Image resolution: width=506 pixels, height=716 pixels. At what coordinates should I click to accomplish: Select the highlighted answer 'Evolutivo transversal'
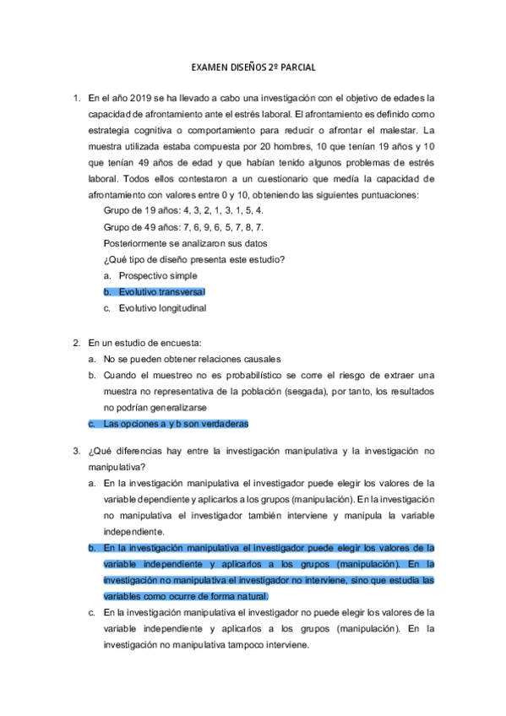(x=161, y=292)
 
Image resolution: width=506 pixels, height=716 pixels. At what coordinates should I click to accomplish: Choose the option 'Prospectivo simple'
(x=158, y=276)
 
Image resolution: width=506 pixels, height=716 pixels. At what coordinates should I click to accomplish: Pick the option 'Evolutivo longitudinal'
(x=162, y=308)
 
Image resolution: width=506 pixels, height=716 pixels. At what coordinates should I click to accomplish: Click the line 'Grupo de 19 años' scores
(x=183, y=211)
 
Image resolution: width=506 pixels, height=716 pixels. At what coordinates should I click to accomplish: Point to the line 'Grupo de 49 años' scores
(x=183, y=227)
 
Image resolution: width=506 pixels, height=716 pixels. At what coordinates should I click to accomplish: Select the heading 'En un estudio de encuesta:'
(x=144, y=343)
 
